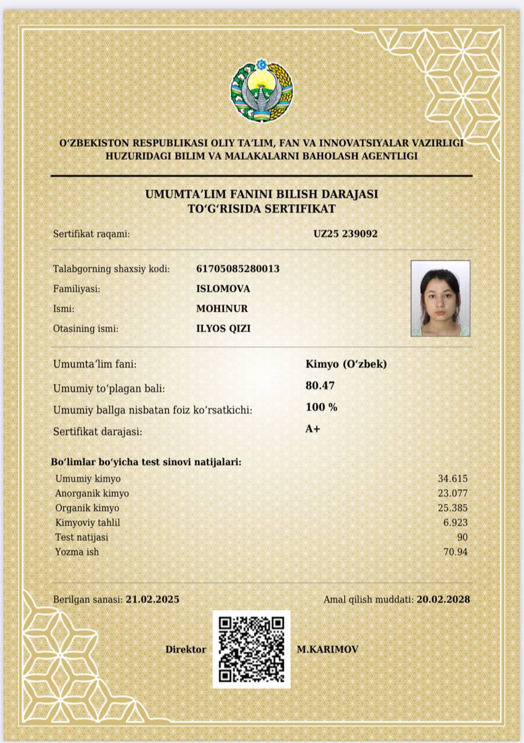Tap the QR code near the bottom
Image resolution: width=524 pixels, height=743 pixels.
click(x=251, y=649)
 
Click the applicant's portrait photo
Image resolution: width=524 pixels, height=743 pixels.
click(x=441, y=298)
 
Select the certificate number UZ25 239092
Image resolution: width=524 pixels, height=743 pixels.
click(x=345, y=234)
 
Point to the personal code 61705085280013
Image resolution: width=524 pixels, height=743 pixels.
click(x=238, y=269)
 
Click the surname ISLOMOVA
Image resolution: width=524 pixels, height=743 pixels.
click(x=223, y=288)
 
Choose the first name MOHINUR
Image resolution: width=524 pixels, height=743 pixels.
click(x=222, y=308)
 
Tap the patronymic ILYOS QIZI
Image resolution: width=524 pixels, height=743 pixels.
click(x=223, y=329)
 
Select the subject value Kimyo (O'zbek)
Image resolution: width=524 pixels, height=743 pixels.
click(x=346, y=365)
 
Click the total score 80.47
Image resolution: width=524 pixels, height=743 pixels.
click(x=320, y=385)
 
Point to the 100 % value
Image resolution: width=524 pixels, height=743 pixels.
click(x=321, y=407)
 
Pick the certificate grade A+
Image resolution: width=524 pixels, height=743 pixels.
click(x=312, y=430)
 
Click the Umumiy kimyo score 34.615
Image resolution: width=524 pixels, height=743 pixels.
click(x=452, y=479)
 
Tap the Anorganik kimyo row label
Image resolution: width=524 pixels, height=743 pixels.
click(x=92, y=493)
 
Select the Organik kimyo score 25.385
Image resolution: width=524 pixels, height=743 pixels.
click(x=452, y=508)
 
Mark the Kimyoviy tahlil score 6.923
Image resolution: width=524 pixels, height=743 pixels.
click(x=454, y=522)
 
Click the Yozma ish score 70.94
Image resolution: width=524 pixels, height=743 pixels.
click(x=455, y=551)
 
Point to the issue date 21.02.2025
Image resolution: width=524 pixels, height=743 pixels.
click(x=152, y=599)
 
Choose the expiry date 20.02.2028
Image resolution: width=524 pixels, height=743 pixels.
click(x=443, y=599)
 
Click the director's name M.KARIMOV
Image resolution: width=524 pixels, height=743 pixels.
click(x=327, y=649)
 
